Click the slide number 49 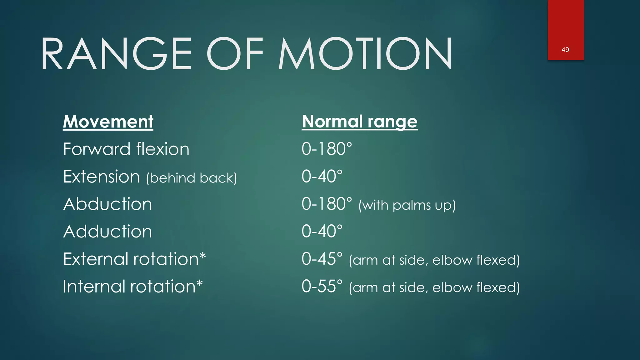[x=565, y=50]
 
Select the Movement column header [x=108, y=122]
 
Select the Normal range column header [x=360, y=122]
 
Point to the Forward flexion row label [x=126, y=149]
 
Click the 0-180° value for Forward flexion [x=327, y=149]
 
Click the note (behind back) [x=192, y=178]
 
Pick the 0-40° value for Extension [x=322, y=177]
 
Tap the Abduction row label [x=108, y=204]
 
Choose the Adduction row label [x=108, y=232]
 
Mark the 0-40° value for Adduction [x=322, y=232]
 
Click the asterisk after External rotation [x=203, y=256]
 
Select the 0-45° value [x=322, y=259]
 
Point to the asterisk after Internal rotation [x=199, y=283]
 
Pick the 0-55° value [x=322, y=287]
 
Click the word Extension [x=101, y=177]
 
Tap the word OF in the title [x=235, y=54]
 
